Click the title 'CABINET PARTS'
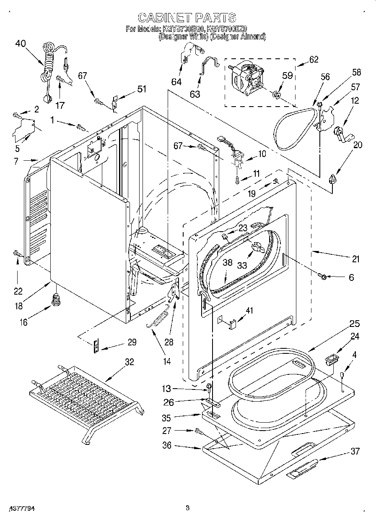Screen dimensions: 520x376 (187, 18)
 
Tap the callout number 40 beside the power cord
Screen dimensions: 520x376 (21, 43)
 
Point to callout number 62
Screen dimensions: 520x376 (313, 59)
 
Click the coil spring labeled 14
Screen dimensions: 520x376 (158, 319)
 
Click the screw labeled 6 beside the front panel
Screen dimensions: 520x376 (323, 276)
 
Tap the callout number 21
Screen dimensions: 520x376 (355, 260)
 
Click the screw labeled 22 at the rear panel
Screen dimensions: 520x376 (17, 253)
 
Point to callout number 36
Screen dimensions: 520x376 (167, 445)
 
